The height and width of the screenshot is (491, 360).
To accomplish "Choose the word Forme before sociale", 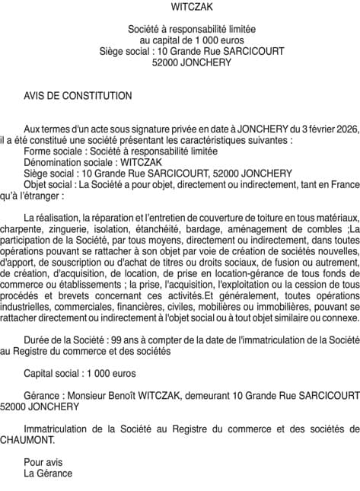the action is click(x=37, y=151).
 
